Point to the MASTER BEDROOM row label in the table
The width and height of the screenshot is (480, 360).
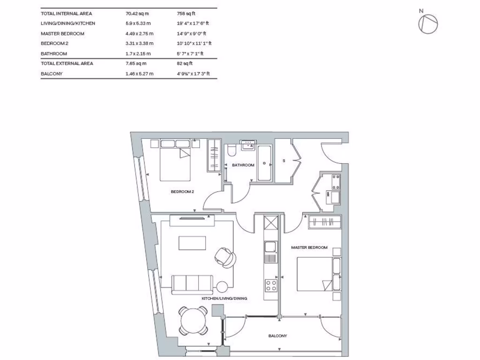(62, 34)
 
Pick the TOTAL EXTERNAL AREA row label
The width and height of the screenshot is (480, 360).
(67, 63)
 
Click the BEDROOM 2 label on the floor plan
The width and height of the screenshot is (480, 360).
(182, 192)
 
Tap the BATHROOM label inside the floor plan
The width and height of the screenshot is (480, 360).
(243, 165)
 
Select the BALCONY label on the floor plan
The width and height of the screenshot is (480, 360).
(277, 336)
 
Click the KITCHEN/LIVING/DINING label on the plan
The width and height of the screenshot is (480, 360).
(224, 299)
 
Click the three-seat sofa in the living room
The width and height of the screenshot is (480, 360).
(192, 285)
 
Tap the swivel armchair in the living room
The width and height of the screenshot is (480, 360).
(225, 256)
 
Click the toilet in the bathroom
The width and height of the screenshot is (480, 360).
(231, 151)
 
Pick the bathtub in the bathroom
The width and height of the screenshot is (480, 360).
(264, 163)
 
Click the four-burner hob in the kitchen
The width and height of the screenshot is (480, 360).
(270, 285)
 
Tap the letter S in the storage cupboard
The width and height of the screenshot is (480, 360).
(284, 161)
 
